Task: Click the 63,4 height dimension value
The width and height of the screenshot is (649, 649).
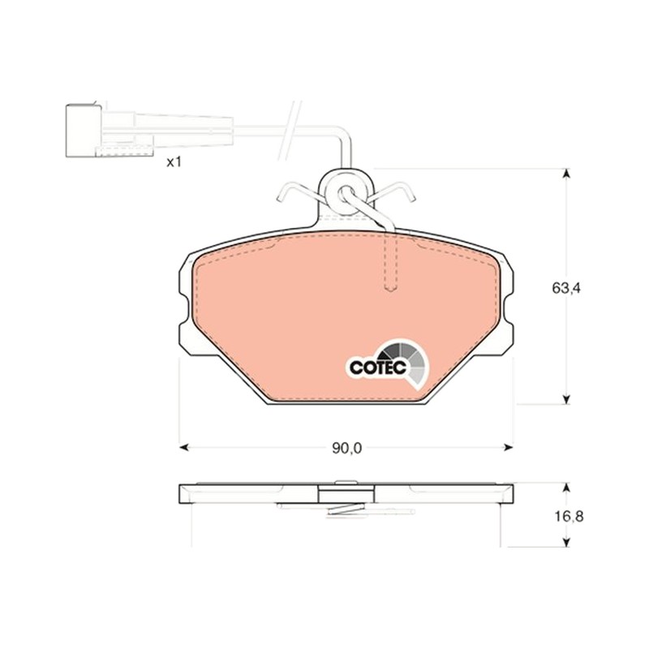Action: (x=565, y=288)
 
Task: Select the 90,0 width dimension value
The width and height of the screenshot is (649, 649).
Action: (x=346, y=448)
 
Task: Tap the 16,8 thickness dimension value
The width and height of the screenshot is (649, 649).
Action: (x=569, y=516)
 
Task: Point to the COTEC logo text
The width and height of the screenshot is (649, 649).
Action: (x=377, y=367)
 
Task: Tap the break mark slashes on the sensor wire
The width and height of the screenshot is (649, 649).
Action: (x=290, y=131)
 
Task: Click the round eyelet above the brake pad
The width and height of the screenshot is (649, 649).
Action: (x=346, y=193)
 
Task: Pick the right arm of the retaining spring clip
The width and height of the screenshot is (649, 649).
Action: (x=393, y=191)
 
